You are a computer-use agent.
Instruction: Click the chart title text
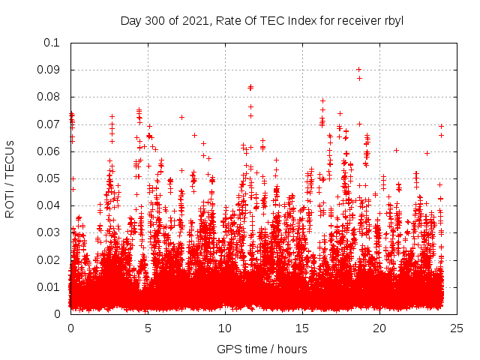tap(262, 20)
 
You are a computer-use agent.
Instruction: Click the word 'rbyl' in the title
tap(391, 20)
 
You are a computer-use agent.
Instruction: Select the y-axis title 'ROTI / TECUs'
tap(10, 178)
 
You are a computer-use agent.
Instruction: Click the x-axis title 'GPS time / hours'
tap(262, 349)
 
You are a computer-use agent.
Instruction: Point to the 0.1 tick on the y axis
tap(53, 43)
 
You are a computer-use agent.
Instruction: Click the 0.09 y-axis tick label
tap(50, 70)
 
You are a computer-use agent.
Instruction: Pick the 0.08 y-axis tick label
tap(50, 97)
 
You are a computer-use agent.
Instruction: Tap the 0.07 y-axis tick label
tap(50, 124)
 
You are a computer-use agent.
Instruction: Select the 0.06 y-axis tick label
tap(50, 151)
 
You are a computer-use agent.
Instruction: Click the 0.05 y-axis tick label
tap(50, 178)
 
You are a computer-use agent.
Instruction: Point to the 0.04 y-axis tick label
tap(50, 205)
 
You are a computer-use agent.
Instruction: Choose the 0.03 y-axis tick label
tap(50, 232)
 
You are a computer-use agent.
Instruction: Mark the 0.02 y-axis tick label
tap(50, 259)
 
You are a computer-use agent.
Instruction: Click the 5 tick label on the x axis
tap(148, 328)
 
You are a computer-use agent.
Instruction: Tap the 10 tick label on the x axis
tap(225, 328)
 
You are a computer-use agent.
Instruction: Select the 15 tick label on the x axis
tap(302, 328)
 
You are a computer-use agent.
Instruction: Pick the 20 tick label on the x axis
tap(379, 328)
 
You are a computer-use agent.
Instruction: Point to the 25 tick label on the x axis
tap(457, 328)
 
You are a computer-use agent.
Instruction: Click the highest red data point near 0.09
tap(358, 70)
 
